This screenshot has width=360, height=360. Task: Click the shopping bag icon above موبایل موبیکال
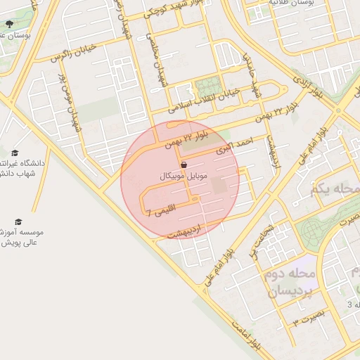pyautogui.click(x=184, y=164)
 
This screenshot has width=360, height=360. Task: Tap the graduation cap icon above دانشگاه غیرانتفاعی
pyautogui.click(x=15, y=153)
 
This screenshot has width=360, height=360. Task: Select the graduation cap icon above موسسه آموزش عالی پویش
pyautogui.click(x=18, y=221)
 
